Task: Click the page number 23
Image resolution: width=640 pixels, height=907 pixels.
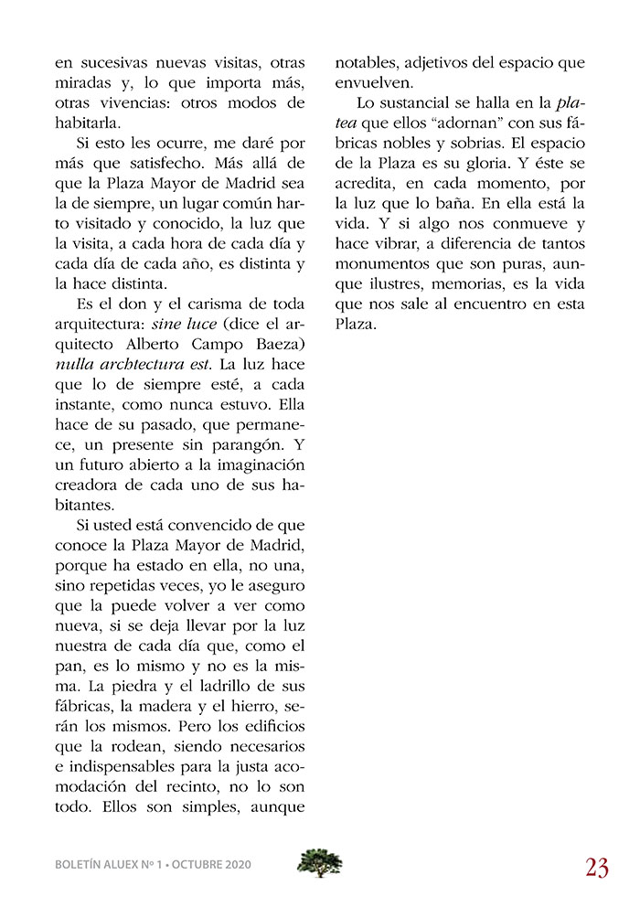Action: pyautogui.click(x=597, y=866)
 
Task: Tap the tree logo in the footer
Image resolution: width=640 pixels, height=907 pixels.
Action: pyautogui.click(x=319, y=862)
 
